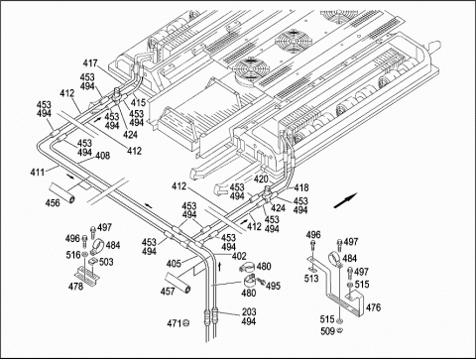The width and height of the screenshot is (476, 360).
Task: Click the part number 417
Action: pos(90,63)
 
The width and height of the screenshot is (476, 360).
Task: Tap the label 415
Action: pos(138,103)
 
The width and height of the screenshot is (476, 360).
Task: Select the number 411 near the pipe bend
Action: pos(38,173)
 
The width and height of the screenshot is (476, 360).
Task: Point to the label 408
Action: pos(103,156)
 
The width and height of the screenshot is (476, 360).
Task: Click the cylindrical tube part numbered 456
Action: pos(62,192)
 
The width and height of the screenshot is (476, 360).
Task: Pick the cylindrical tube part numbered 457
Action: pos(178,282)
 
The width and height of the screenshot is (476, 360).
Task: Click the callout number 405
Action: pos(174,264)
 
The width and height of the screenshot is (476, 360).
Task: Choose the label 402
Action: pos(239,256)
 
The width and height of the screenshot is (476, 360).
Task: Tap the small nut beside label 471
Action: pos(186,322)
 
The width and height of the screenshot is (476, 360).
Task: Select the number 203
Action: pos(249,311)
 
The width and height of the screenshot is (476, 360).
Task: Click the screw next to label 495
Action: pos(262,282)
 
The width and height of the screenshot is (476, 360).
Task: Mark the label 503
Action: pos(106,262)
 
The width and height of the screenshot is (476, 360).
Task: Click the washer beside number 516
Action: pos(85,255)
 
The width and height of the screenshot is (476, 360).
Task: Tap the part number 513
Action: pos(311,279)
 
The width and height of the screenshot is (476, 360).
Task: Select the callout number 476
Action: pos(373,307)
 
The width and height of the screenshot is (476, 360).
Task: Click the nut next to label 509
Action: pos(340,330)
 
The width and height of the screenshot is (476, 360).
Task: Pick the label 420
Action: pos(261,180)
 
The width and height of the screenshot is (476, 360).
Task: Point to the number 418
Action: pos(301,187)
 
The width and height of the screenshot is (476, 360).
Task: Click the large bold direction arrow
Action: pos(346,200)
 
